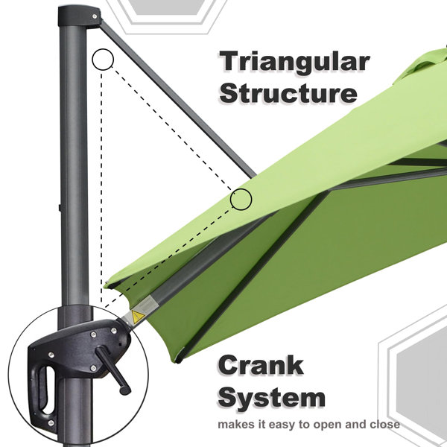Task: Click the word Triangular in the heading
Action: tap(294, 62)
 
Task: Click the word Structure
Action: tap(288, 93)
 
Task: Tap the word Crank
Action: tap(261, 366)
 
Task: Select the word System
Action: tap(271, 399)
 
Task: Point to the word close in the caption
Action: tap(385, 425)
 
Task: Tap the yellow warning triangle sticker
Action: tap(137, 317)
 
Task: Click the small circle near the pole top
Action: tap(103, 60)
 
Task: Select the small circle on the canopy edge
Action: tap(241, 199)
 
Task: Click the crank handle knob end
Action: tap(125, 390)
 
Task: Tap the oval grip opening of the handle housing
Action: tap(46, 390)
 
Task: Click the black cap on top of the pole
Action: tap(79, 16)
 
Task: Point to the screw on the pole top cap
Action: tap(95, 16)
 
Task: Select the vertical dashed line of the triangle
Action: tap(101, 187)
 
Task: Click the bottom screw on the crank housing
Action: tap(51, 422)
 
